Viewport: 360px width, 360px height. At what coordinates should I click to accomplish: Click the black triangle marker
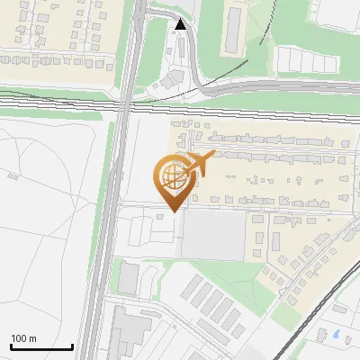click(x=182, y=24)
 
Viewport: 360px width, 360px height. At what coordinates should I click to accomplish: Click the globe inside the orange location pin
click(x=172, y=174)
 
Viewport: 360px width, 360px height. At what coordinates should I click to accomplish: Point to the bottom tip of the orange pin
click(x=173, y=209)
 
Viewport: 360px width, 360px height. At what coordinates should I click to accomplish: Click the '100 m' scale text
click(x=23, y=338)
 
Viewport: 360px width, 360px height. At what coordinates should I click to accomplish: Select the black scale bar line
click(x=41, y=346)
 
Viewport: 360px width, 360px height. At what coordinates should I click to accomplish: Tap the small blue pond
click(x=336, y=334)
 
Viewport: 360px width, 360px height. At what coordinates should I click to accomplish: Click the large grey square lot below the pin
click(x=213, y=236)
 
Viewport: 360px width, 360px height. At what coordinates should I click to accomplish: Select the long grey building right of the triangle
click(x=232, y=29)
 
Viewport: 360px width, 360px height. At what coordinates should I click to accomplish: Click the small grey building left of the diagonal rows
click(x=130, y=276)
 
